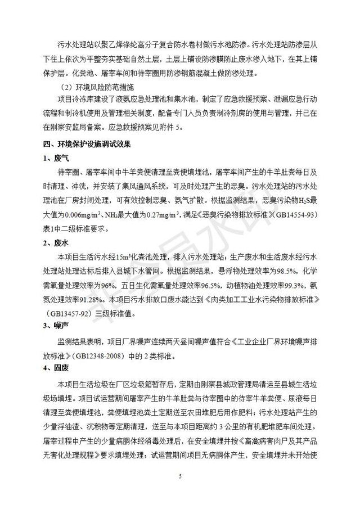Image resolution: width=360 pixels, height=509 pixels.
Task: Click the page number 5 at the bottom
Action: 180,476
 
